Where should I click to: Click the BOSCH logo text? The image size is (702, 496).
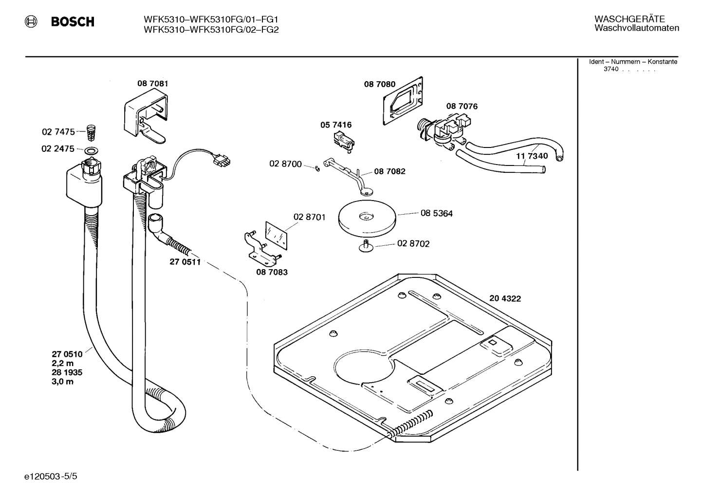73,22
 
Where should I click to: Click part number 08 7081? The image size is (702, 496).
152,84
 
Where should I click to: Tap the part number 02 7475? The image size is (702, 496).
58,131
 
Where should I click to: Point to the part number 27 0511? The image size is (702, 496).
185,262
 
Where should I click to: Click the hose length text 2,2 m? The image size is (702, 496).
63,364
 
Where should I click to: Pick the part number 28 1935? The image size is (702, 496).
67,372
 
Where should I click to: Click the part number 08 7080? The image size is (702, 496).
380,85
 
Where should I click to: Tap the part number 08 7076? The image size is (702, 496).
462,106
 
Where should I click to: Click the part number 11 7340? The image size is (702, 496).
532,156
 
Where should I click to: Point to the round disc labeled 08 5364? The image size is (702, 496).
367,218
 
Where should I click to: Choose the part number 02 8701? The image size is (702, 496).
309,217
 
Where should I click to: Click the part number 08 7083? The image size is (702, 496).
272,272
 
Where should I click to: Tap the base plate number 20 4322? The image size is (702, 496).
505,298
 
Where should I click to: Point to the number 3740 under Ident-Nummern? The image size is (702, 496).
610,69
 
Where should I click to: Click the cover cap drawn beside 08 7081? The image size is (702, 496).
147,117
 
